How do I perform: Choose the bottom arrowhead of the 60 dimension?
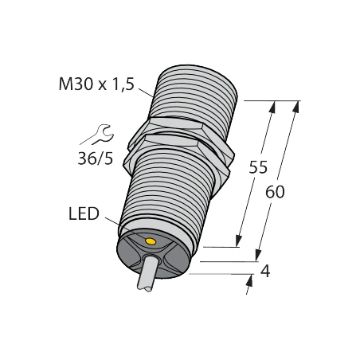coord(256,256)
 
